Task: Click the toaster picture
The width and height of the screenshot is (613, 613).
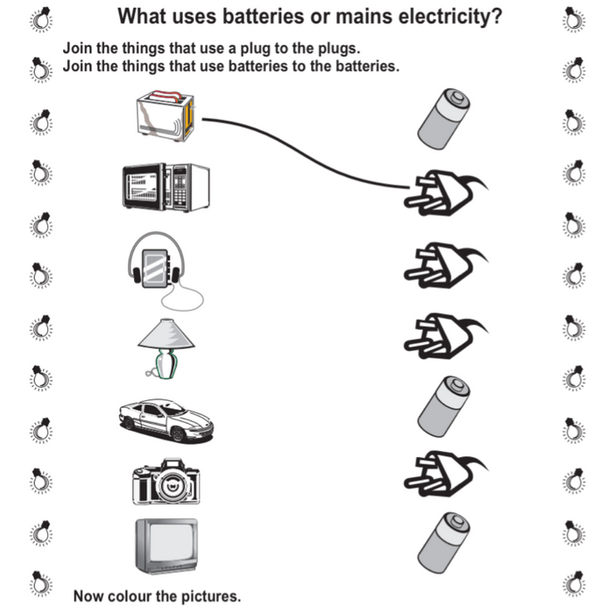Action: click(x=166, y=116)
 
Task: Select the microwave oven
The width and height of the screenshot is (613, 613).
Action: click(x=166, y=185)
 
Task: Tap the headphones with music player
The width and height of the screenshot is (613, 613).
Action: click(x=159, y=262)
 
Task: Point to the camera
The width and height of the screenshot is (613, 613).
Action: click(x=166, y=481)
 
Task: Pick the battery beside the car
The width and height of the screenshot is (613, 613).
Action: click(x=443, y=404)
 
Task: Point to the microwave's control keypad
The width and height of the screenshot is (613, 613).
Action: click(x=181, y=186)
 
